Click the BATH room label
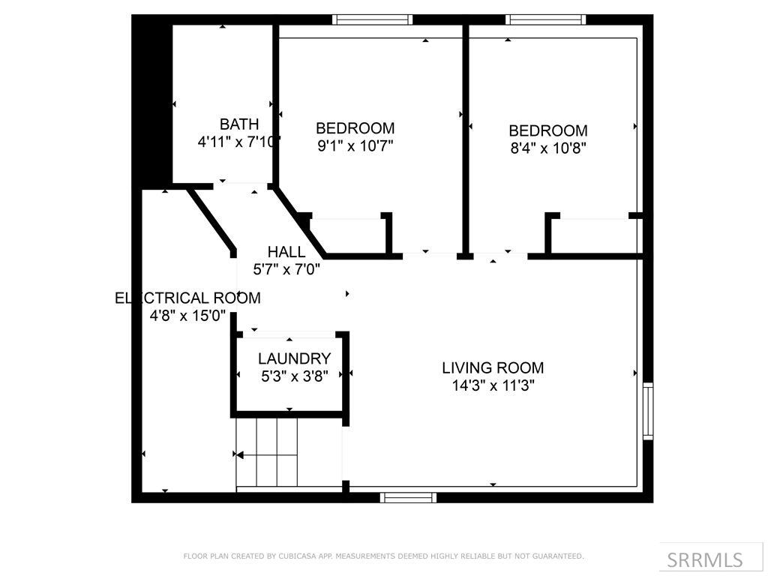pos(239,124)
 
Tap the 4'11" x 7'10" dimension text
pos(238,142)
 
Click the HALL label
pos(286,252)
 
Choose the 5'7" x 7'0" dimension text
pos(286,269)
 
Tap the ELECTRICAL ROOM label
pos(187,298)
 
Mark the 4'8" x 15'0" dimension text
pos(187,316)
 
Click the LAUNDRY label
pos(294,359)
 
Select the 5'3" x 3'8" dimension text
pos(294,376)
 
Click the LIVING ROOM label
pos(493,368)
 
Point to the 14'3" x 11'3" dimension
pos(493,386)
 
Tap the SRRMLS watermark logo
pos(704,559)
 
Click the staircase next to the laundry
pos(268,452)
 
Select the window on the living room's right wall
pos(648,411)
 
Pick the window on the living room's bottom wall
pos(409,497)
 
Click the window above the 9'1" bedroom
pos(373,20)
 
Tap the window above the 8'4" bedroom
pos(545,20)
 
